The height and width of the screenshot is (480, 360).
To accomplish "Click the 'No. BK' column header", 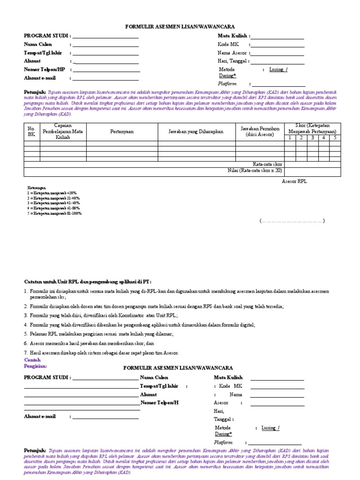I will pos(31,131).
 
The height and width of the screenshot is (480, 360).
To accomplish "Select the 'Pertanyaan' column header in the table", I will pos(122,132).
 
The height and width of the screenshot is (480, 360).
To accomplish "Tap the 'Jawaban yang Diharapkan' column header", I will pos(196,132).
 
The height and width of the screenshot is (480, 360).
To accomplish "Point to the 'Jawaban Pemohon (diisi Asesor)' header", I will pos(259,132).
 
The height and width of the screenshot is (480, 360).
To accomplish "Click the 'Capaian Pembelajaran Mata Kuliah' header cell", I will pos(63,132).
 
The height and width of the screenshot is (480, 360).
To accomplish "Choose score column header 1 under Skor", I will pos(290,138).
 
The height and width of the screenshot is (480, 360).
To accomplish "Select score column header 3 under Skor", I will pos(312,138).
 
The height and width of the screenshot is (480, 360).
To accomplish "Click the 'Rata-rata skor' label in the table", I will pos(267,164).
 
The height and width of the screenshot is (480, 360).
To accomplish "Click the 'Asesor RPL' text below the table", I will pos(294,181).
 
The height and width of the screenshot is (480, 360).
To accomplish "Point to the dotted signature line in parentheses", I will pos(292,221).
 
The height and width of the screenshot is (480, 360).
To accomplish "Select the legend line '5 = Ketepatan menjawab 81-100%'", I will pos(54,213).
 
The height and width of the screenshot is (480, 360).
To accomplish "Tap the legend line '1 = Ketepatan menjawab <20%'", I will pos(52,193).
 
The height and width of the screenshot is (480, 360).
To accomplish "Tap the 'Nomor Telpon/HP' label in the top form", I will pos(45,69).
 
